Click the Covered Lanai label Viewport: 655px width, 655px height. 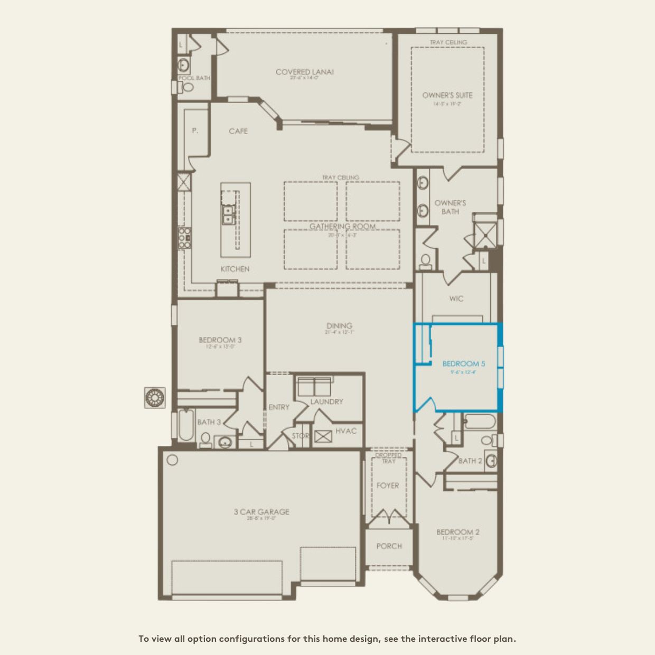[304, 72]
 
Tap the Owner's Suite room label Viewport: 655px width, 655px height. [447, 95]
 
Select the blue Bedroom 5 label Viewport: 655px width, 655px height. [463, 363]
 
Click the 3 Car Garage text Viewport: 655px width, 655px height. [261, 511]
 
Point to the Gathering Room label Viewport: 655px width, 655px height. [342, 226]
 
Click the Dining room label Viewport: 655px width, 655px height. [339, 325]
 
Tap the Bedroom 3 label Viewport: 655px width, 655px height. [220, 340]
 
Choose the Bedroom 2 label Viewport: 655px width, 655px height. [457, 532]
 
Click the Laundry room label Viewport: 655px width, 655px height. [326, 401]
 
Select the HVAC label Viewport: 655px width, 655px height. [346, 431]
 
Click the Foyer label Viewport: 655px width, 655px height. [388, 485]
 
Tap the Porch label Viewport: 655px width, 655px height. [389, 546]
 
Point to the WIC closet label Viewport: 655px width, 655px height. [456, 298]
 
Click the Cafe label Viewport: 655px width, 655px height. [238, 131]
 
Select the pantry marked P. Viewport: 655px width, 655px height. [195, 130]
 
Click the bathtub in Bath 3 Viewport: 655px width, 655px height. [185, 426]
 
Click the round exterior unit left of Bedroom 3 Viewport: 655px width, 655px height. [155, 397]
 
